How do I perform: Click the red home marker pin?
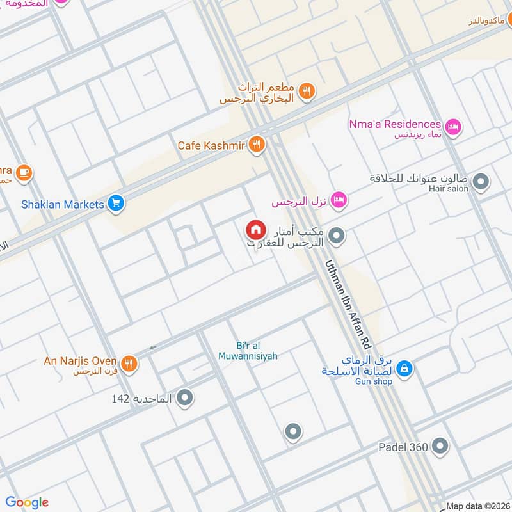pos(256,230)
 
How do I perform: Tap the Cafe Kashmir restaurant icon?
pos(257,145)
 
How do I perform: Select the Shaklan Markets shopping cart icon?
pos(116,204)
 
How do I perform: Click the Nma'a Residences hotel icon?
pos(453,127)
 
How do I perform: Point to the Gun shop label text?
pos(374,381)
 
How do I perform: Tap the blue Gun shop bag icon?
pos(404,369)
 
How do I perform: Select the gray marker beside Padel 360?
pos(440,446)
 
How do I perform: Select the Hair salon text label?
pos(453,189)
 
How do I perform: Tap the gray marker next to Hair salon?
pos(481,182)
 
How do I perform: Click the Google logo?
pos(27,502)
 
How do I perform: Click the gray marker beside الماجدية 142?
pos(185,398)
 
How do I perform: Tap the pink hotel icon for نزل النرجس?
pos(340,200)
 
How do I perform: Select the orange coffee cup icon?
pos(24,172)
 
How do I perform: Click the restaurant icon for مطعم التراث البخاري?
pos(307,92)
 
